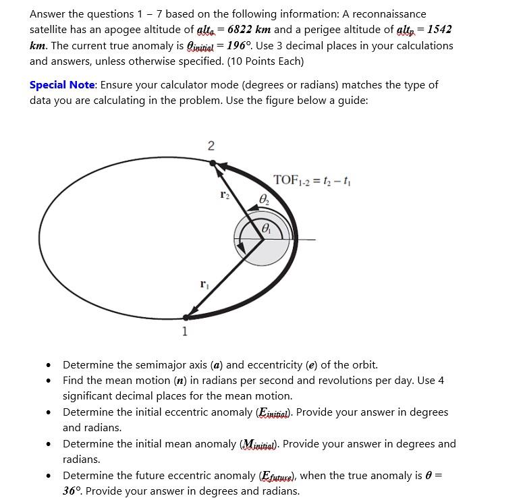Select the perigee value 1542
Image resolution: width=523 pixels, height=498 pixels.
point(439,30)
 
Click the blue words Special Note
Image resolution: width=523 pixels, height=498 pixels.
point(63,85)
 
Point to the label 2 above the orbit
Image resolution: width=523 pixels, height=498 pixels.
point(211,146)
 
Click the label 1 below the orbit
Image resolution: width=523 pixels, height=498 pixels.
point(184,331)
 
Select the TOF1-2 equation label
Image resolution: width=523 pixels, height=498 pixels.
point(311,180)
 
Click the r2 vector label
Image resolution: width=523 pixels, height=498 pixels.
point(225,194)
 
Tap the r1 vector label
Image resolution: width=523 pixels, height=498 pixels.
point(204,285)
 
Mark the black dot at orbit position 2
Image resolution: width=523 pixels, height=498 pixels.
point(213,163)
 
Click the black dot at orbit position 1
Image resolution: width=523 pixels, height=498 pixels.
point(186,316)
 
